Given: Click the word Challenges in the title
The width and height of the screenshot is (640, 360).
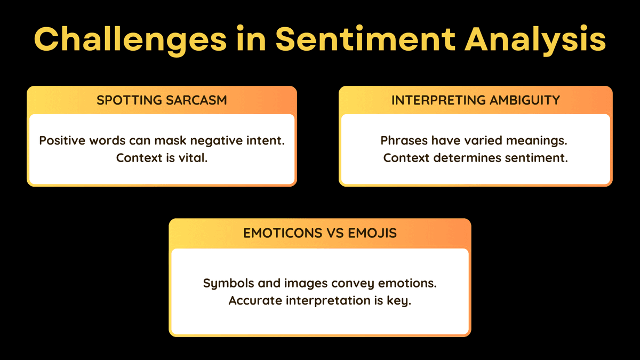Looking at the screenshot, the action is tap(130, 40).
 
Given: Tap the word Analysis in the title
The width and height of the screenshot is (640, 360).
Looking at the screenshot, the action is tap(535, 40).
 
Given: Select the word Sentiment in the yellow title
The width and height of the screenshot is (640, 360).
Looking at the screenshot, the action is tap(365, 39).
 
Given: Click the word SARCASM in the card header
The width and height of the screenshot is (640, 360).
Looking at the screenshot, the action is tap(196, 100).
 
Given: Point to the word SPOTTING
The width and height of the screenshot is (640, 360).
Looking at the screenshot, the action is tap(130, 100).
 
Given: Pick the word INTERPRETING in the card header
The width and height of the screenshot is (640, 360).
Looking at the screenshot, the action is tap(438, 100).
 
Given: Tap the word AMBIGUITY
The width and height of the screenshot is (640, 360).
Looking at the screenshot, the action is tap(525, 100).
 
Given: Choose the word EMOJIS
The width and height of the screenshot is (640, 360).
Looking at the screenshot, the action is tap(372, 233).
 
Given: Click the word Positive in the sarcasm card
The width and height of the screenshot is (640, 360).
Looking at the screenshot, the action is tap(62, 141).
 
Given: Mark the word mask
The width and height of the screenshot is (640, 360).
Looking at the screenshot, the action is tap(170, 141).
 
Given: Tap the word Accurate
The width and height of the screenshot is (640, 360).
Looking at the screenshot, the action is tap(255, 301).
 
